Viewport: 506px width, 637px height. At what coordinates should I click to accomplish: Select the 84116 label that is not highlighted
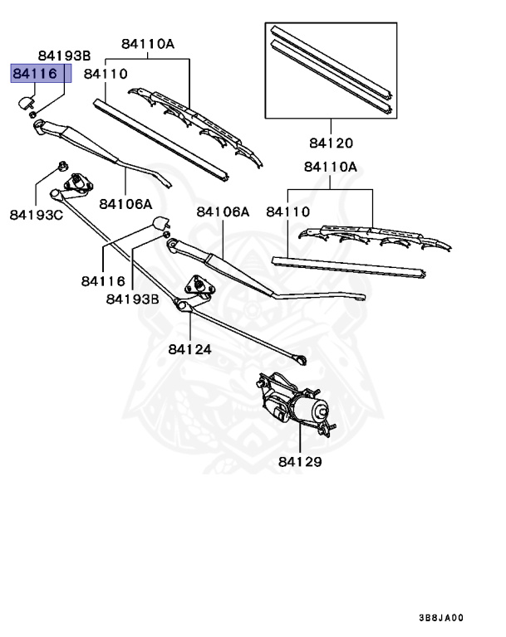click(x=103, y=281)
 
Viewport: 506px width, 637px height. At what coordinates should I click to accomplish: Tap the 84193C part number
click(x=37, y=215)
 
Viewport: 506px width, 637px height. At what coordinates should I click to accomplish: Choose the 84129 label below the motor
click(x=299, y=461)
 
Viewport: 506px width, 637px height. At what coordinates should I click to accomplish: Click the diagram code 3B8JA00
click(x=441, y=617)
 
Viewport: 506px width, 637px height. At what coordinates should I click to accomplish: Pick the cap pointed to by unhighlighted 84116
click(x=160, y=223)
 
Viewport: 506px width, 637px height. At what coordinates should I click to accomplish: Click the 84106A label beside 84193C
click(x=125, y=203)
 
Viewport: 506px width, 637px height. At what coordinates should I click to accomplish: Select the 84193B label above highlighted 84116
click(x=61, y=55)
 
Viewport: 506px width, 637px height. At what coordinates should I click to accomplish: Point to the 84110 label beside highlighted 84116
click(x=106, y=74)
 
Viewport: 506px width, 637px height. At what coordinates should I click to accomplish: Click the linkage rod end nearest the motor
click(x=300, y=359)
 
